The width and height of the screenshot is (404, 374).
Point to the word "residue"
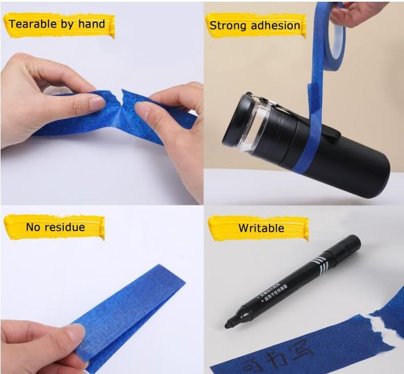pyautogui.click(x=68, y=227)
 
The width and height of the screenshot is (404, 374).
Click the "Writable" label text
pyautogui.click(x=261, y=228)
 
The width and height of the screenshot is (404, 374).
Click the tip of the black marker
pyautogui.click(x=228, y=324)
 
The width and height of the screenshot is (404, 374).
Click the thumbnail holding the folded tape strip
pyautogui.click(x=75, y=333)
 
